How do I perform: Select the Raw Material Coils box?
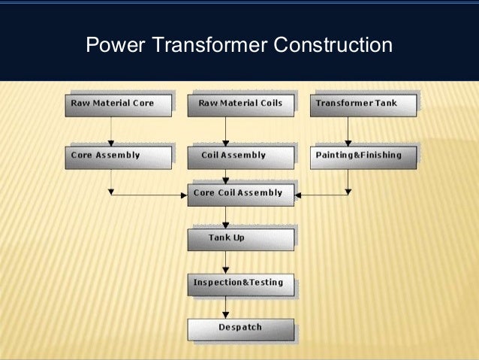(x=239, y=104)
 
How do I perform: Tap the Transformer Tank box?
(x=363, y=104)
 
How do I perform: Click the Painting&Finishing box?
(x=363, y=156)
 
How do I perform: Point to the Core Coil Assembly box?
(x=239, y=194)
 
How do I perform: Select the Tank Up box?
(x=239, y=238)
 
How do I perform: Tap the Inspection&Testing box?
(x=239, y=283)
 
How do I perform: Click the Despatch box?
(x=239, y=328)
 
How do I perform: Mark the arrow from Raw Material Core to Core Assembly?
(x=111, y=130)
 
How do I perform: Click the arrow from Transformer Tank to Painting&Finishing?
(x=348, y=130)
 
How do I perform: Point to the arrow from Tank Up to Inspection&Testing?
(x=226, y=262)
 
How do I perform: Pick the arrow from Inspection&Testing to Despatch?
(x=226, y=307)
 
